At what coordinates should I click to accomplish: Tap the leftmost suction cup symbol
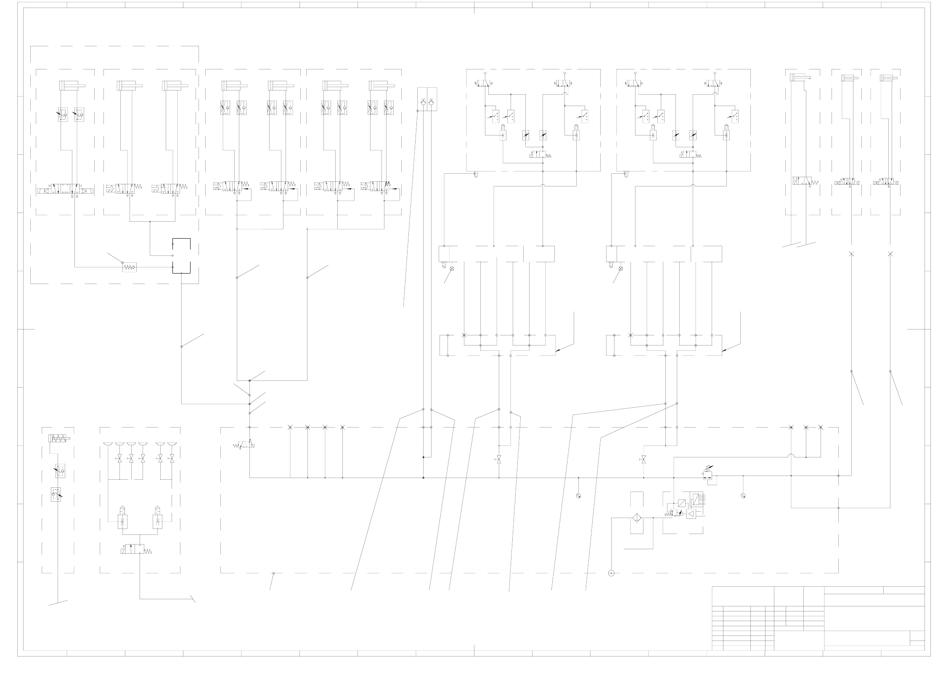click(108, 444)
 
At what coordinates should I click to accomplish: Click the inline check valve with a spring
click(130, 267)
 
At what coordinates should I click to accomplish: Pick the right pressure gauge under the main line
click(743, 496)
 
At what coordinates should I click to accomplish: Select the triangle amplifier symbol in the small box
click(691, 513)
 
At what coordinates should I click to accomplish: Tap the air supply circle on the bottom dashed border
click(611, 573)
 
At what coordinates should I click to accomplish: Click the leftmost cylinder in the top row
click(72, 85)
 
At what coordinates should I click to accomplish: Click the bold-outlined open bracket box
click(181, 256)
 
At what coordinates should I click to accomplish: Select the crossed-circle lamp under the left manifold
click(452, 268)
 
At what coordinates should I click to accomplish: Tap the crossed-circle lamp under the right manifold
click(620, 268)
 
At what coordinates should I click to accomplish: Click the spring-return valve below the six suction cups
click(133, 549)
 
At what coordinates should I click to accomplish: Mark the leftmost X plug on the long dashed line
click(290, 427)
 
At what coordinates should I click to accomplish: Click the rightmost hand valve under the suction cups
click(171, 459)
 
